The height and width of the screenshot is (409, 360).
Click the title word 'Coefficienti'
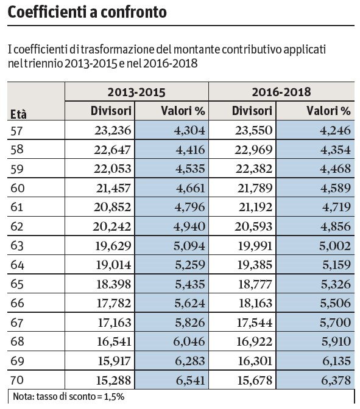tap(48, 12)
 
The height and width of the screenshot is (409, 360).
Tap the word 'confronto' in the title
tap(133, 12)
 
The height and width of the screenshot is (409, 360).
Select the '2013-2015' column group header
tap(136, 92)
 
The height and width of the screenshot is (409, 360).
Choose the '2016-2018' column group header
tap(281, 92)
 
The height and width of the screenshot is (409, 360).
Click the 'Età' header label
tap(18, 114)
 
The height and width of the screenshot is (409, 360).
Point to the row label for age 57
tap(16, 130)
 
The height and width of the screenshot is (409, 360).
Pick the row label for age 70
tap(17, 380)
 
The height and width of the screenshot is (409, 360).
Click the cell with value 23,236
tap(113, 130)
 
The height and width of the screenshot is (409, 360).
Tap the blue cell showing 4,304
tap(189, 130)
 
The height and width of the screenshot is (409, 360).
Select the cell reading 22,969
tap(253, 150)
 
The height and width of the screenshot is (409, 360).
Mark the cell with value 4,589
tap(336, 188)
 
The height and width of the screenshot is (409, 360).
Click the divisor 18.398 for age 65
tap(113, 284)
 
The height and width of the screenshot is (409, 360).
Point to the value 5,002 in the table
tap(335, 246)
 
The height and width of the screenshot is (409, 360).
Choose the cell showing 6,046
tap(189, 341)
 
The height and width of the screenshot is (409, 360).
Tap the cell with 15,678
tap(255, 380)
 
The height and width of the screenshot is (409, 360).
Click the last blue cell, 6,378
tap(336, 380)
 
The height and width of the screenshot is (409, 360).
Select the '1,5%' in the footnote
tap(114, 397)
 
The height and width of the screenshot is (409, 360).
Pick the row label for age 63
tap(17, 246)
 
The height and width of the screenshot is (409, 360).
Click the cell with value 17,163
tap(115, 323)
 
